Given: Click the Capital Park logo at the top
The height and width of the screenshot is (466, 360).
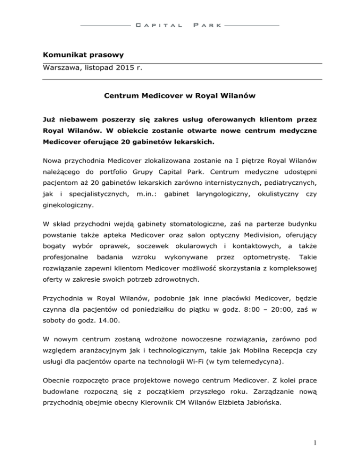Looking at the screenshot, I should click(180, 24).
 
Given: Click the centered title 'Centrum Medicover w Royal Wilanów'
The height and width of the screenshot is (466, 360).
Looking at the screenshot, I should click(180, 98).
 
